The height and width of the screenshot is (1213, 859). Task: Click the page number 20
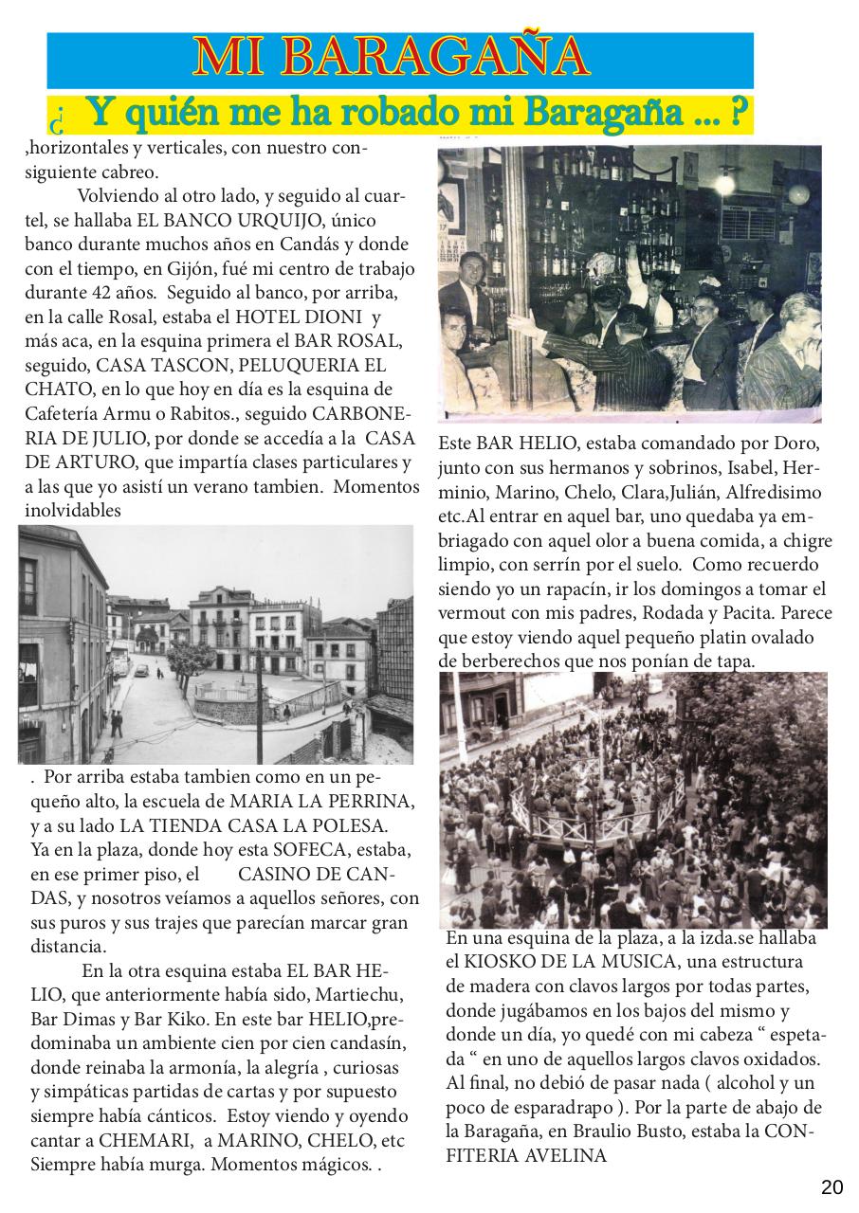pyautogui.click(x=832, y=1187)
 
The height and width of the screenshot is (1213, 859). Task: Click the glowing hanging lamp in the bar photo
pyautogui.click(x=726, y=179)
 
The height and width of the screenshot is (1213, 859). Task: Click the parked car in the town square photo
pyautogui.click(x=142, y=670)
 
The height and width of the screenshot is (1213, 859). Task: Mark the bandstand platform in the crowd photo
pyautogui.click(x=607, y=816)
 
